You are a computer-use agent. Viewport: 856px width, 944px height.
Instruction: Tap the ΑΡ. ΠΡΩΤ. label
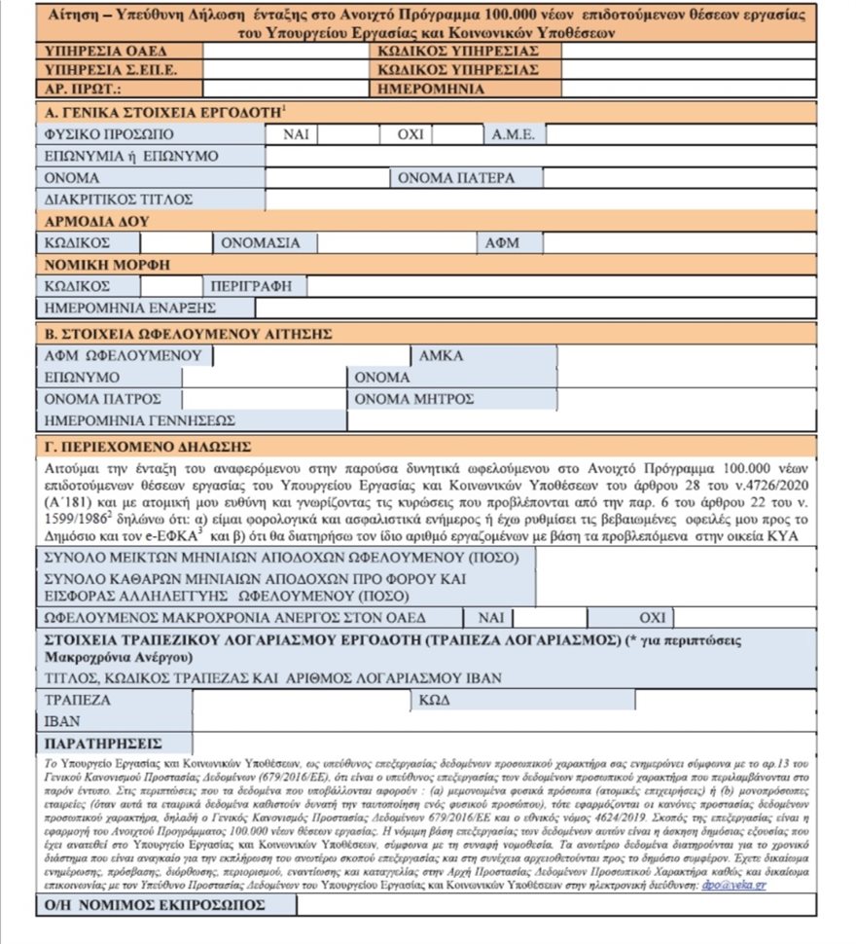81,89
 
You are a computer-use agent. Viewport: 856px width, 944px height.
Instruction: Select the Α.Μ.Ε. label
514,134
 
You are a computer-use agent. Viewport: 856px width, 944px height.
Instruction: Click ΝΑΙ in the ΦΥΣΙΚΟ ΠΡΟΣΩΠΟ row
297,134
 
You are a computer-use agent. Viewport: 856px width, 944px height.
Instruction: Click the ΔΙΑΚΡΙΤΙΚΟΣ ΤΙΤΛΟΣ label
111,200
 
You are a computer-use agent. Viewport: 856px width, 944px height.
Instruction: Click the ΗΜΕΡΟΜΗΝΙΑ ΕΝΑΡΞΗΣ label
129,309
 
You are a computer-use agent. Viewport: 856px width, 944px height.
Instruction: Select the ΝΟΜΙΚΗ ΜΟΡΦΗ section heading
101,265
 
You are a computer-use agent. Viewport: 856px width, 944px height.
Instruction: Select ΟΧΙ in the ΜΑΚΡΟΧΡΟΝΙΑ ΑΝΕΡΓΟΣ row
652,618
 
